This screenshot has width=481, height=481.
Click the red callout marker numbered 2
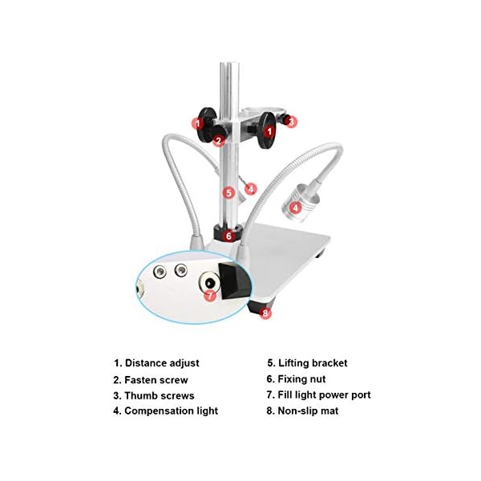coord(218,140)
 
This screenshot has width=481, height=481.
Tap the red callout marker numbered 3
coord(291,122)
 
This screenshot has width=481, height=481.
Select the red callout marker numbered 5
coord(228,192)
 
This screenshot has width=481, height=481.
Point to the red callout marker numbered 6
coord(229,236)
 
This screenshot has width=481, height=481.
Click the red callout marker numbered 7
coord(210,295)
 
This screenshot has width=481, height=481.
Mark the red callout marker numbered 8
coord(266,313)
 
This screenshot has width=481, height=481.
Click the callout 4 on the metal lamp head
coord(296,207)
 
